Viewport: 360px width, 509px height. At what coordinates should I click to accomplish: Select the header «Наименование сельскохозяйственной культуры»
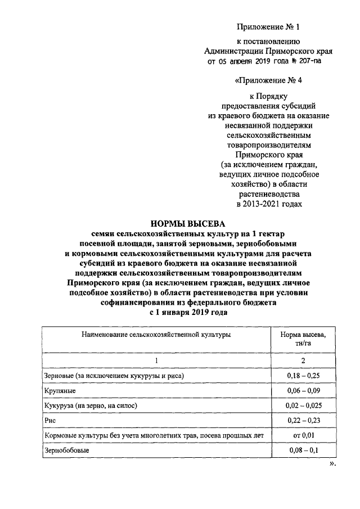point(156,335)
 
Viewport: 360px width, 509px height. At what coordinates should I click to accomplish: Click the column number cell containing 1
point(157,360)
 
